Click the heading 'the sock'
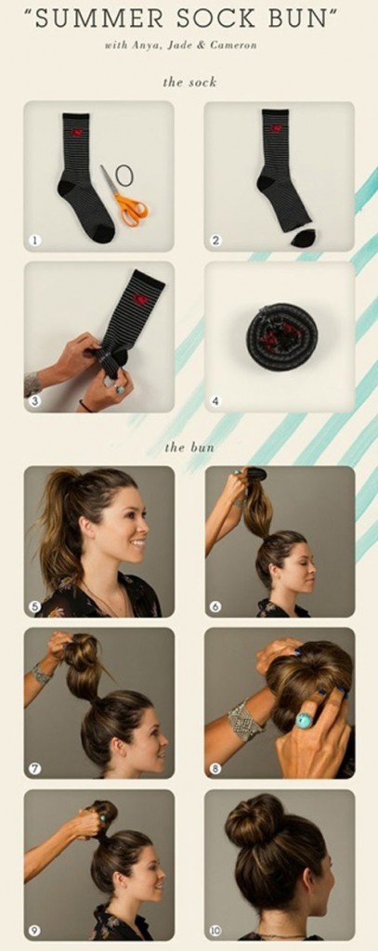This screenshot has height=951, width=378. pos(189,82)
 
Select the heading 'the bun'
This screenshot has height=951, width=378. pos(189,447)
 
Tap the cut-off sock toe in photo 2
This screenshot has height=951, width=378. pos(303,238)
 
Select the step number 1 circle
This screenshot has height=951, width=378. pos(34,241)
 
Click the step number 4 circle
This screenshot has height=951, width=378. pos(215,402)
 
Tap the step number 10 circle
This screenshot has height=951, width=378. pos(215,930)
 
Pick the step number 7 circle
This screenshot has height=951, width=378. pos(34,768)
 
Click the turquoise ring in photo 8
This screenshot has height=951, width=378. pos(304,720)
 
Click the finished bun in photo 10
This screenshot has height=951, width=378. pos(255,820)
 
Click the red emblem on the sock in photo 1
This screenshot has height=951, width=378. pos(76,133)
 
